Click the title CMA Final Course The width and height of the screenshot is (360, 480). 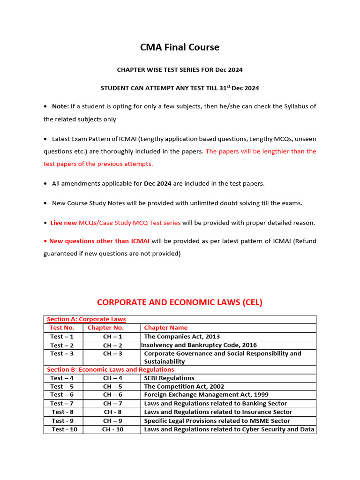click(180, 47)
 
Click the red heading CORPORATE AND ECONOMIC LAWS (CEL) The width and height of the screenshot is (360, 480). click(180, 302)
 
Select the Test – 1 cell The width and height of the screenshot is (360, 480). click(62, 337)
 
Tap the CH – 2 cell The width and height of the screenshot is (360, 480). click(112, 345)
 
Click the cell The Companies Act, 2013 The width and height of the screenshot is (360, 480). click(182, 337)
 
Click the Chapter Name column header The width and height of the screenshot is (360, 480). click(165, 328)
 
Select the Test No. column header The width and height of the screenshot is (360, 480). click(62, 328)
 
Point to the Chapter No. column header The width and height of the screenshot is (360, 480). click(105, 328)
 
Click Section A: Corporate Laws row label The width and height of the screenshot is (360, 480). click(86, 319)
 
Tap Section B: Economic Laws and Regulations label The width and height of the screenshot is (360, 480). click(110, 369)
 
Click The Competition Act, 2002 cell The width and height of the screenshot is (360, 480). click(184, 386)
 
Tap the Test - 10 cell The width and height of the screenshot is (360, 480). click(65, 429)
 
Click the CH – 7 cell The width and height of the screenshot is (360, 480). click(112, 403)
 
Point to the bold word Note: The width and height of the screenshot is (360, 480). click(60, 106)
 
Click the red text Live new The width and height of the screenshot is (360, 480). click(64, 223)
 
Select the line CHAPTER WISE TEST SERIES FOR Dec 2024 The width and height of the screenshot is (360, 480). click(180, 70)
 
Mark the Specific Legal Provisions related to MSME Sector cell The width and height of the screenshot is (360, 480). click(217, 421)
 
